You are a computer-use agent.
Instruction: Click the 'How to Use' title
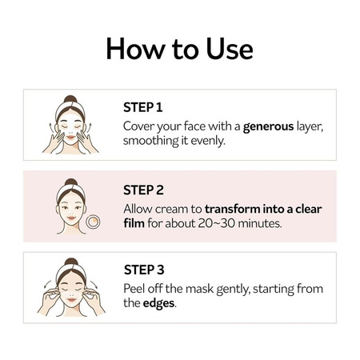click(180, 49)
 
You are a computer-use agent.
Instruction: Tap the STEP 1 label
click(143, 107)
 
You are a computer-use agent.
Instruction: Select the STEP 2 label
click(144, 190)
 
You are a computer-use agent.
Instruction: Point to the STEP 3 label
click(144, 270)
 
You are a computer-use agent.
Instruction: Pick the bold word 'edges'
click(161, 303)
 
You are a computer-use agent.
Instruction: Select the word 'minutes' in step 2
click(259, 223)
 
